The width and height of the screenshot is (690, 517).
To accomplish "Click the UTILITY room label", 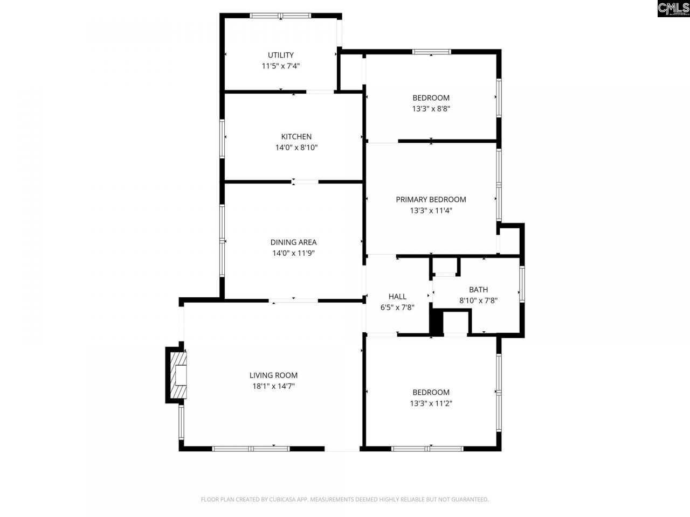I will coord(280,55).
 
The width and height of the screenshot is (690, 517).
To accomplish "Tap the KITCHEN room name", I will coord(296,137).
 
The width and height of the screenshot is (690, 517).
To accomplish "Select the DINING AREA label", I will coord(293,242).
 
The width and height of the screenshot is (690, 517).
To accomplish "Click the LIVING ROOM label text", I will coord(273,375).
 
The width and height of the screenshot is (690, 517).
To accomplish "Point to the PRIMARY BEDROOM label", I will coord(431,199).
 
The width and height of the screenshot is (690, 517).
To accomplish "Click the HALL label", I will coord(397,296).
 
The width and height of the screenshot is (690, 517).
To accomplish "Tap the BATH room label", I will coord(478,290).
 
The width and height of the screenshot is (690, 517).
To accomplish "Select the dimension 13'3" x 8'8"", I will coord(431,108).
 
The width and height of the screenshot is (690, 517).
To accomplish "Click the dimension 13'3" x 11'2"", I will coord(431,403).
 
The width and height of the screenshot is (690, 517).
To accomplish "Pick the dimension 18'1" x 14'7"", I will coord(273,386).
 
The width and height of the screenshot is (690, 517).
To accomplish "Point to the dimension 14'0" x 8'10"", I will coord(296,148).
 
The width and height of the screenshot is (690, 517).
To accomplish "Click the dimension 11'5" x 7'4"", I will coord(280,66).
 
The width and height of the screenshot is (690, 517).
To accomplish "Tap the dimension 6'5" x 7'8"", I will coord(397,307).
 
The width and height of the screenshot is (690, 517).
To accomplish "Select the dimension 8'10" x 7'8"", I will coord(478,301).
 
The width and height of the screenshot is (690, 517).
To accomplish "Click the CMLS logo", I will coord(673,9).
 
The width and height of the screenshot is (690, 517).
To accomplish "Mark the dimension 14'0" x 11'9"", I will coord(293,253).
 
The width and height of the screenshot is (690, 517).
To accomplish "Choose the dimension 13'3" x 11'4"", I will coord(431,210).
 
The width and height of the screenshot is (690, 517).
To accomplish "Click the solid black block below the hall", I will coord(436,323).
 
